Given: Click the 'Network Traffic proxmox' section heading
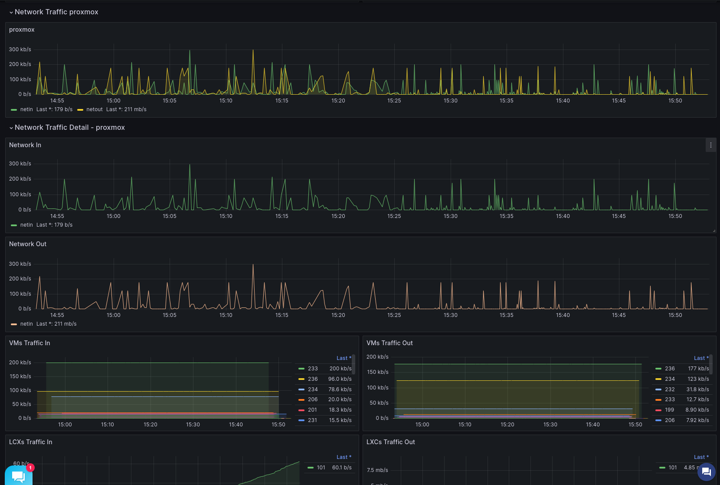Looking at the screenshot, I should pyautogui.click(x=56, y=12).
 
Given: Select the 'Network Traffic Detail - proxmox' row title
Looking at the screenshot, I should pyautogui.click(x=69, y=128).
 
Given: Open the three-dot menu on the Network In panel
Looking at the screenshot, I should pyautogui.click(x=710, y=145).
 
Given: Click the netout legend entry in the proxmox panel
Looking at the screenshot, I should pyautogui.click(x=94, y=109).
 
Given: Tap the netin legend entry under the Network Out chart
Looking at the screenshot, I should pyautogui.click(x=26, y=324).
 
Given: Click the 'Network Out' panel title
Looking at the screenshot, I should pyautogui.click(x=28, y=244).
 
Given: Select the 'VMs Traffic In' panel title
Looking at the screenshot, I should pyautogui.click(x=29, y=343).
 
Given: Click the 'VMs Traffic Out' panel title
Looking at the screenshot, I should pyautogui.click(x=389, y=343).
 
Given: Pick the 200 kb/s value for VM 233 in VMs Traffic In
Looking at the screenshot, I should pyautogui.click(x=340, y=369).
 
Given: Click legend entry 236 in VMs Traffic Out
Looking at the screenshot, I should pyautogui.click(x=670, y=369).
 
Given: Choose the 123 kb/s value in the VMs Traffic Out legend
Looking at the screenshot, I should pyautogui.click(x=698, y=379).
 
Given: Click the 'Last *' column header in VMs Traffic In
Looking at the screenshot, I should pyautogui.click(x=344, y=358).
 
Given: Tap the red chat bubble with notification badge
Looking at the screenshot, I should pyautogui.click(x=19, y=476).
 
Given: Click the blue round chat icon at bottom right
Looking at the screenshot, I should pyautogui.click(x=706, y=472).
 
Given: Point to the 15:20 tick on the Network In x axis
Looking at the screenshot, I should pyautogui.click(x=338, y=216).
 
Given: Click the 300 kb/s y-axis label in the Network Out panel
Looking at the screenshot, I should pyautogui.click(x=20, y=264).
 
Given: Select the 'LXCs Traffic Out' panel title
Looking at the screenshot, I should pyautogui.click(x=390, y=442).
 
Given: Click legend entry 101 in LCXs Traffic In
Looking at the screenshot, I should pyautogui.click(x=321, y=468).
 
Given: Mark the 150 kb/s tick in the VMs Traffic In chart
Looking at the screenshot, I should pyautogui.click(x=20, y=376).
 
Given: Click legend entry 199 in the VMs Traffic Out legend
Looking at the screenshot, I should pyautogui.click(x=669, y=410).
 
